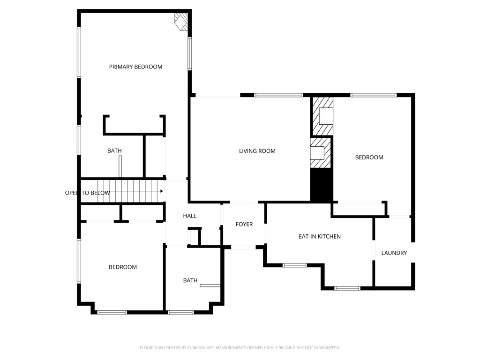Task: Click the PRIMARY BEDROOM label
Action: point(135,67)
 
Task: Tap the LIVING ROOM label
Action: point(257,151)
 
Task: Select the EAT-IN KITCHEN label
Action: point(319,237)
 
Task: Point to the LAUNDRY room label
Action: point(394,253)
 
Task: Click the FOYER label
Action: point(244,225)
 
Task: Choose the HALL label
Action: point(190,216)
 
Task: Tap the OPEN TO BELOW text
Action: point(87,193)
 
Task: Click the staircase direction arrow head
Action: point(161,191)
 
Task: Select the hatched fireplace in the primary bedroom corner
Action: point(181,22)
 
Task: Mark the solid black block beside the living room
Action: point(322,186)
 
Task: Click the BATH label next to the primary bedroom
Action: point(114,151)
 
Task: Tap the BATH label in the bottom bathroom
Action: point(190,281)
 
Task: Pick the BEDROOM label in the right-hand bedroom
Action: point(369,157)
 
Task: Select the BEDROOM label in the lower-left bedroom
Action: point(123,267)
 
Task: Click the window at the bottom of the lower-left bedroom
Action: point(112,312)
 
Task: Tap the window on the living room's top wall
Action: point(278,95)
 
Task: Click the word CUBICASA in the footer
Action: point(195,348)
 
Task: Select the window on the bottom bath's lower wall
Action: point(180,312)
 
